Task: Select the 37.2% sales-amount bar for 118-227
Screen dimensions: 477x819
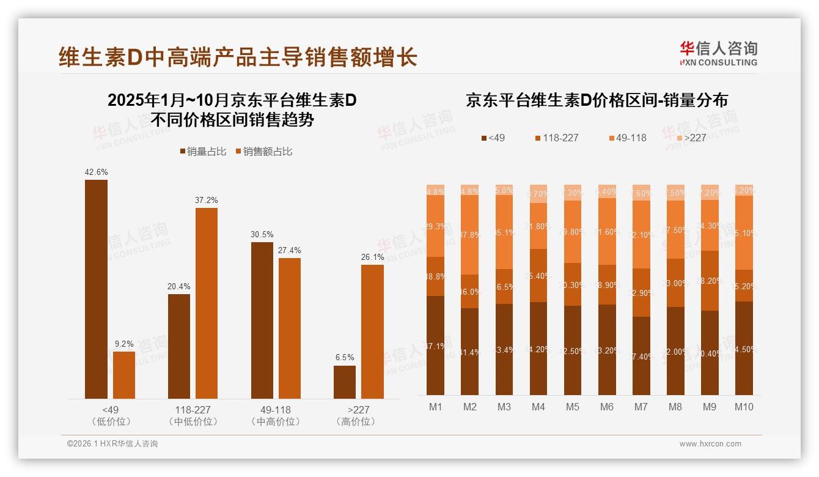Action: [207, 303]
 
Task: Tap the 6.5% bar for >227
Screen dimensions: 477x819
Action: [345, 382]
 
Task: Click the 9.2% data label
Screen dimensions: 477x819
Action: [124, 344]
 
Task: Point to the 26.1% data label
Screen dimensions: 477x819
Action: [373, 257]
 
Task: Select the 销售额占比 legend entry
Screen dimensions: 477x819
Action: [263, 152]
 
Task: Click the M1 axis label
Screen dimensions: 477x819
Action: [435, 407]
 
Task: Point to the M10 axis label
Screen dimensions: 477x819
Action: [744, 407]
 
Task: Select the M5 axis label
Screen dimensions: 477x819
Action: [572, 407]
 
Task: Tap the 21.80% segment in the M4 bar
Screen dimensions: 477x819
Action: [538, 226]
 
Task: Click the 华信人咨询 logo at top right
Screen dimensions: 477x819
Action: [718, 54]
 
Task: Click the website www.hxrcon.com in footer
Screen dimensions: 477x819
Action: [710, 444]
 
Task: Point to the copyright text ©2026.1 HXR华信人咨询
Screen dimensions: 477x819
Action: [112, 444]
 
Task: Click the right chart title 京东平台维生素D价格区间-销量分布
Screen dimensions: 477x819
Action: [597, 100]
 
